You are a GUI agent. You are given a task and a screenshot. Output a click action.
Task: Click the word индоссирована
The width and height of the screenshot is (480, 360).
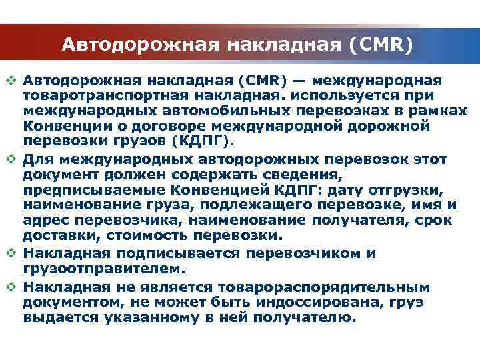coord(293,302)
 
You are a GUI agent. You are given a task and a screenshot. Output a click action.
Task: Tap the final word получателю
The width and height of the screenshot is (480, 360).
coord(303,317)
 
